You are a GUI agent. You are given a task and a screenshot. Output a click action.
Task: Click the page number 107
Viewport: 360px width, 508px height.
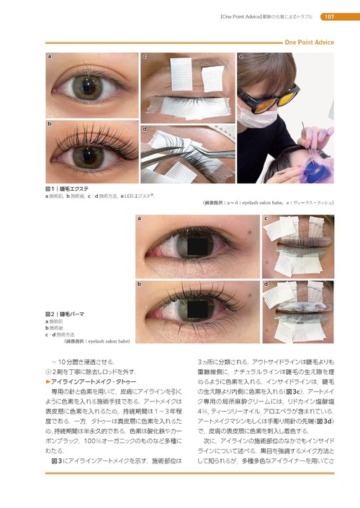pos(327,17)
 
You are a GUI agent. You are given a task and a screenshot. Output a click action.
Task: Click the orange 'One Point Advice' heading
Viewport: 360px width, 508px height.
pos(309,42)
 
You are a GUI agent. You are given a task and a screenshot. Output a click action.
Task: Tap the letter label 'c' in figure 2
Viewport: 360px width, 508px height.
pos(266,218)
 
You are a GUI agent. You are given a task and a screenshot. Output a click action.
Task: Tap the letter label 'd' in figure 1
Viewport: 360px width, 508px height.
pos(145,130)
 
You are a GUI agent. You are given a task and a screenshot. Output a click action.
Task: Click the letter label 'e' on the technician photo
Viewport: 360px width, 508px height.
pos(241,56)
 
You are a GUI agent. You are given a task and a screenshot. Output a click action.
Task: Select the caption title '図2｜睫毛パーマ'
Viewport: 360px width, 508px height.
pos(66,314)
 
